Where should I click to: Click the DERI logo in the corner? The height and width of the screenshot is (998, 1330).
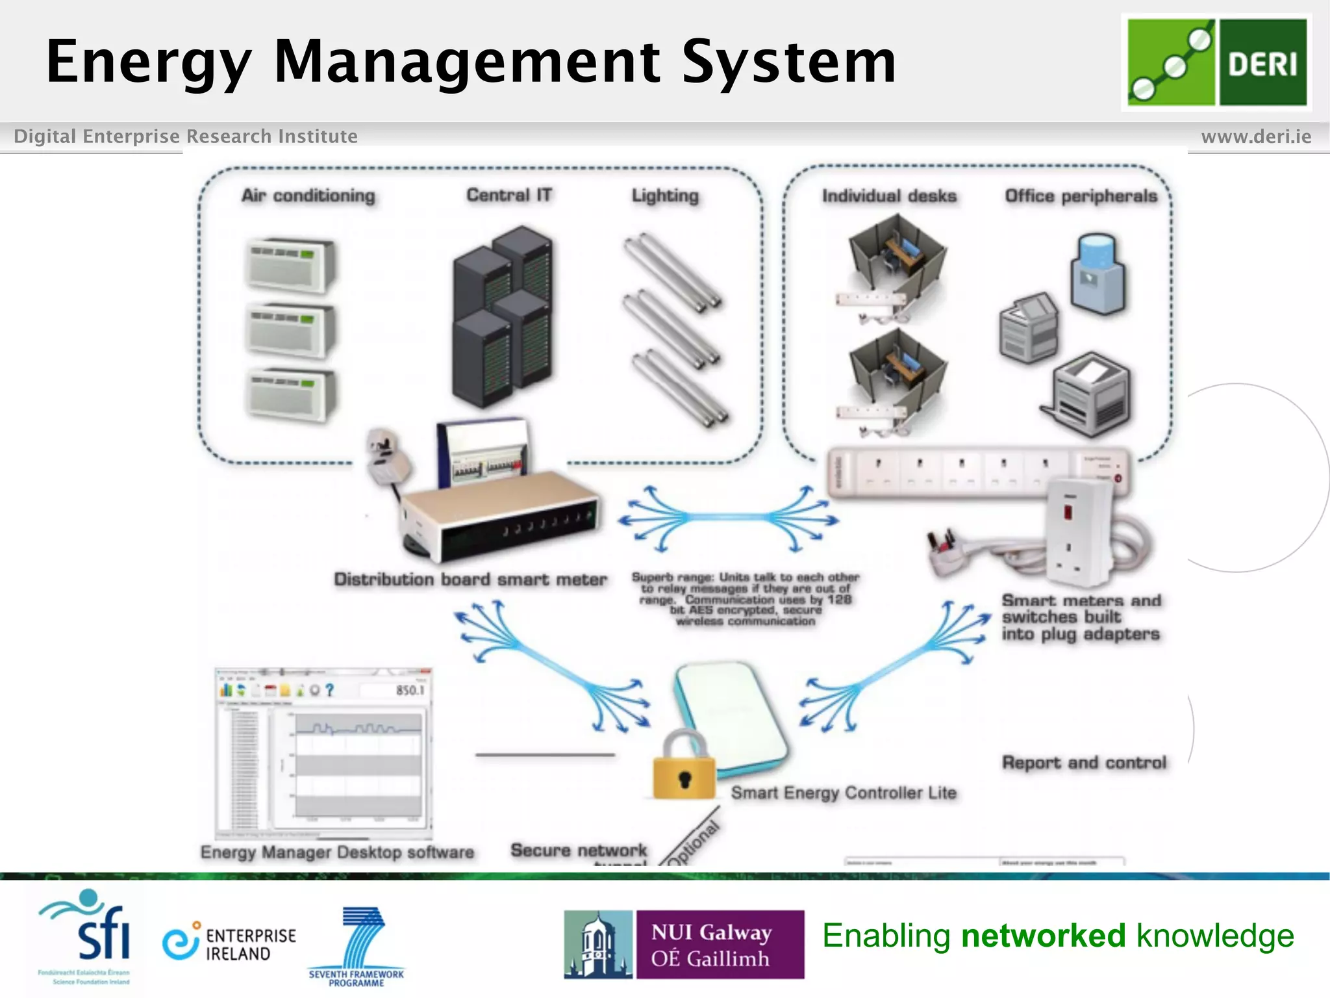click(1216, 62)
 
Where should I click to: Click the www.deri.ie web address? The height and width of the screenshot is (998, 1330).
click(1256, 136)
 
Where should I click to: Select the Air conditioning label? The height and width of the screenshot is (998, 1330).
click(308, 196)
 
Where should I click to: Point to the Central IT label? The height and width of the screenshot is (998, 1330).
click(509, 195)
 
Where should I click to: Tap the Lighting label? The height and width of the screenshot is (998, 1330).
click(665, 196)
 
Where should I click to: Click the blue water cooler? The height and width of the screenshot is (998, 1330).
click(1098, 274)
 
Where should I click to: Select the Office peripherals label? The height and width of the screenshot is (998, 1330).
click(1081, 196)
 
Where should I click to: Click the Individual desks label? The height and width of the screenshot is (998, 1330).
click(889, 196)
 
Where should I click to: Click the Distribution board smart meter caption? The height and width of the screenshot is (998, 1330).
click(470, 580)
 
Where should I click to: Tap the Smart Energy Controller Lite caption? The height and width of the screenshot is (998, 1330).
click(844, 793)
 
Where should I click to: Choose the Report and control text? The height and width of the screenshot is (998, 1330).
click(1084, 763)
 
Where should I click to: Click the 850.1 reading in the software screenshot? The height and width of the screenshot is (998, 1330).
click(410, 690)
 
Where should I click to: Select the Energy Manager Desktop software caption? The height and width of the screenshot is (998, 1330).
click(337, 852)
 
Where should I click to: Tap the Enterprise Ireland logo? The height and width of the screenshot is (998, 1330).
click(229, 943)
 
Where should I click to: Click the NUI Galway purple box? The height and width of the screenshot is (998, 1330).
click(719, 944)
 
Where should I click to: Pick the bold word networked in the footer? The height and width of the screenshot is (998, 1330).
click(1043, 936)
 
